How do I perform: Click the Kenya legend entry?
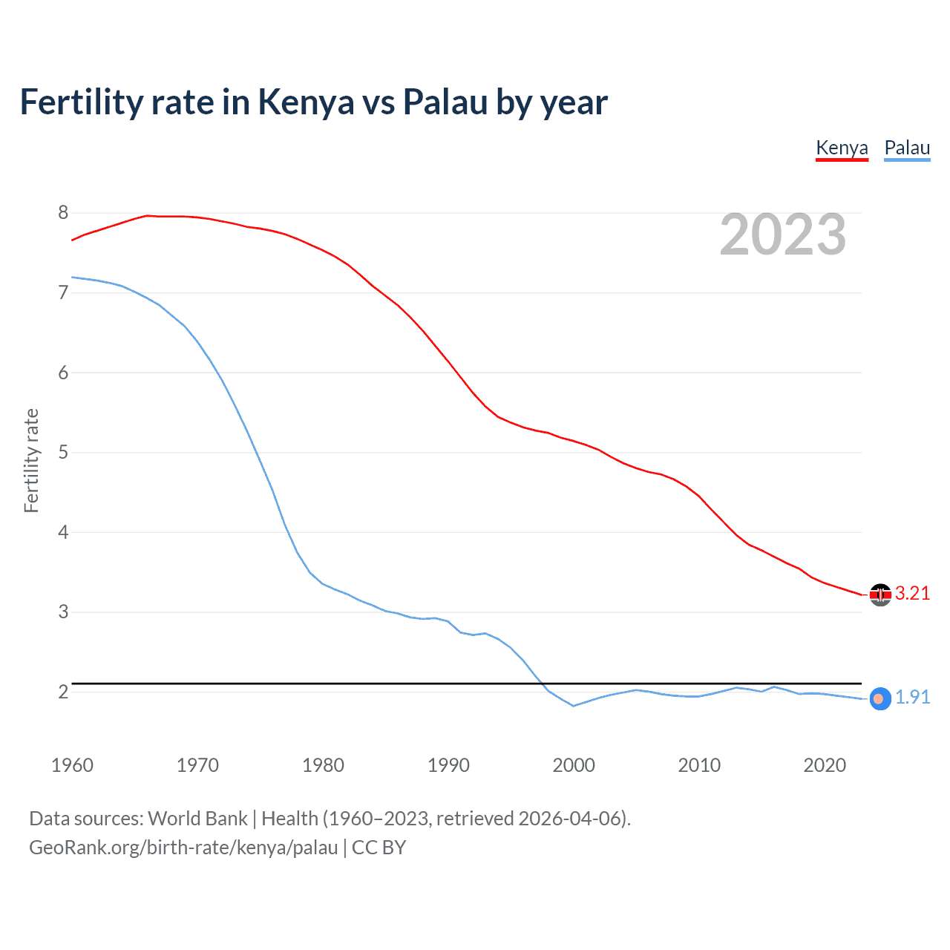click(842, 148)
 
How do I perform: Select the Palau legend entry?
click(907, 148)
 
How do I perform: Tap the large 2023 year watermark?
click(782, 235)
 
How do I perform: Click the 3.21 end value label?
click(912, 593)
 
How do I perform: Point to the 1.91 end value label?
click(912, 697)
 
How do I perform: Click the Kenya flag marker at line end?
click(880, 594)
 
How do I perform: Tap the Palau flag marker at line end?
click(879, 699)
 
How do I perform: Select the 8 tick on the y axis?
click(63, 213)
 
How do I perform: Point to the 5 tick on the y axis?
click(63, 452)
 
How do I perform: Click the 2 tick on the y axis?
click(63, 692)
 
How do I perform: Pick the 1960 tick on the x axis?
click(72, 765)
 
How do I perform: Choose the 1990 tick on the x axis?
click(448, 765)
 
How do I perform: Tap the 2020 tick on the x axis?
click(825, 765)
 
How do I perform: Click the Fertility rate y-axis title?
click(31, 460)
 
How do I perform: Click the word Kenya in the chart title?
click(306, 102)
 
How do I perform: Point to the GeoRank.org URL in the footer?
click(183, 848)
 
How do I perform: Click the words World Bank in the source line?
click(197, 819)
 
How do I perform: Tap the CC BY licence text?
click(379, 848)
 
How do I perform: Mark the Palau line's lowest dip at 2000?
click(573, 706)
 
